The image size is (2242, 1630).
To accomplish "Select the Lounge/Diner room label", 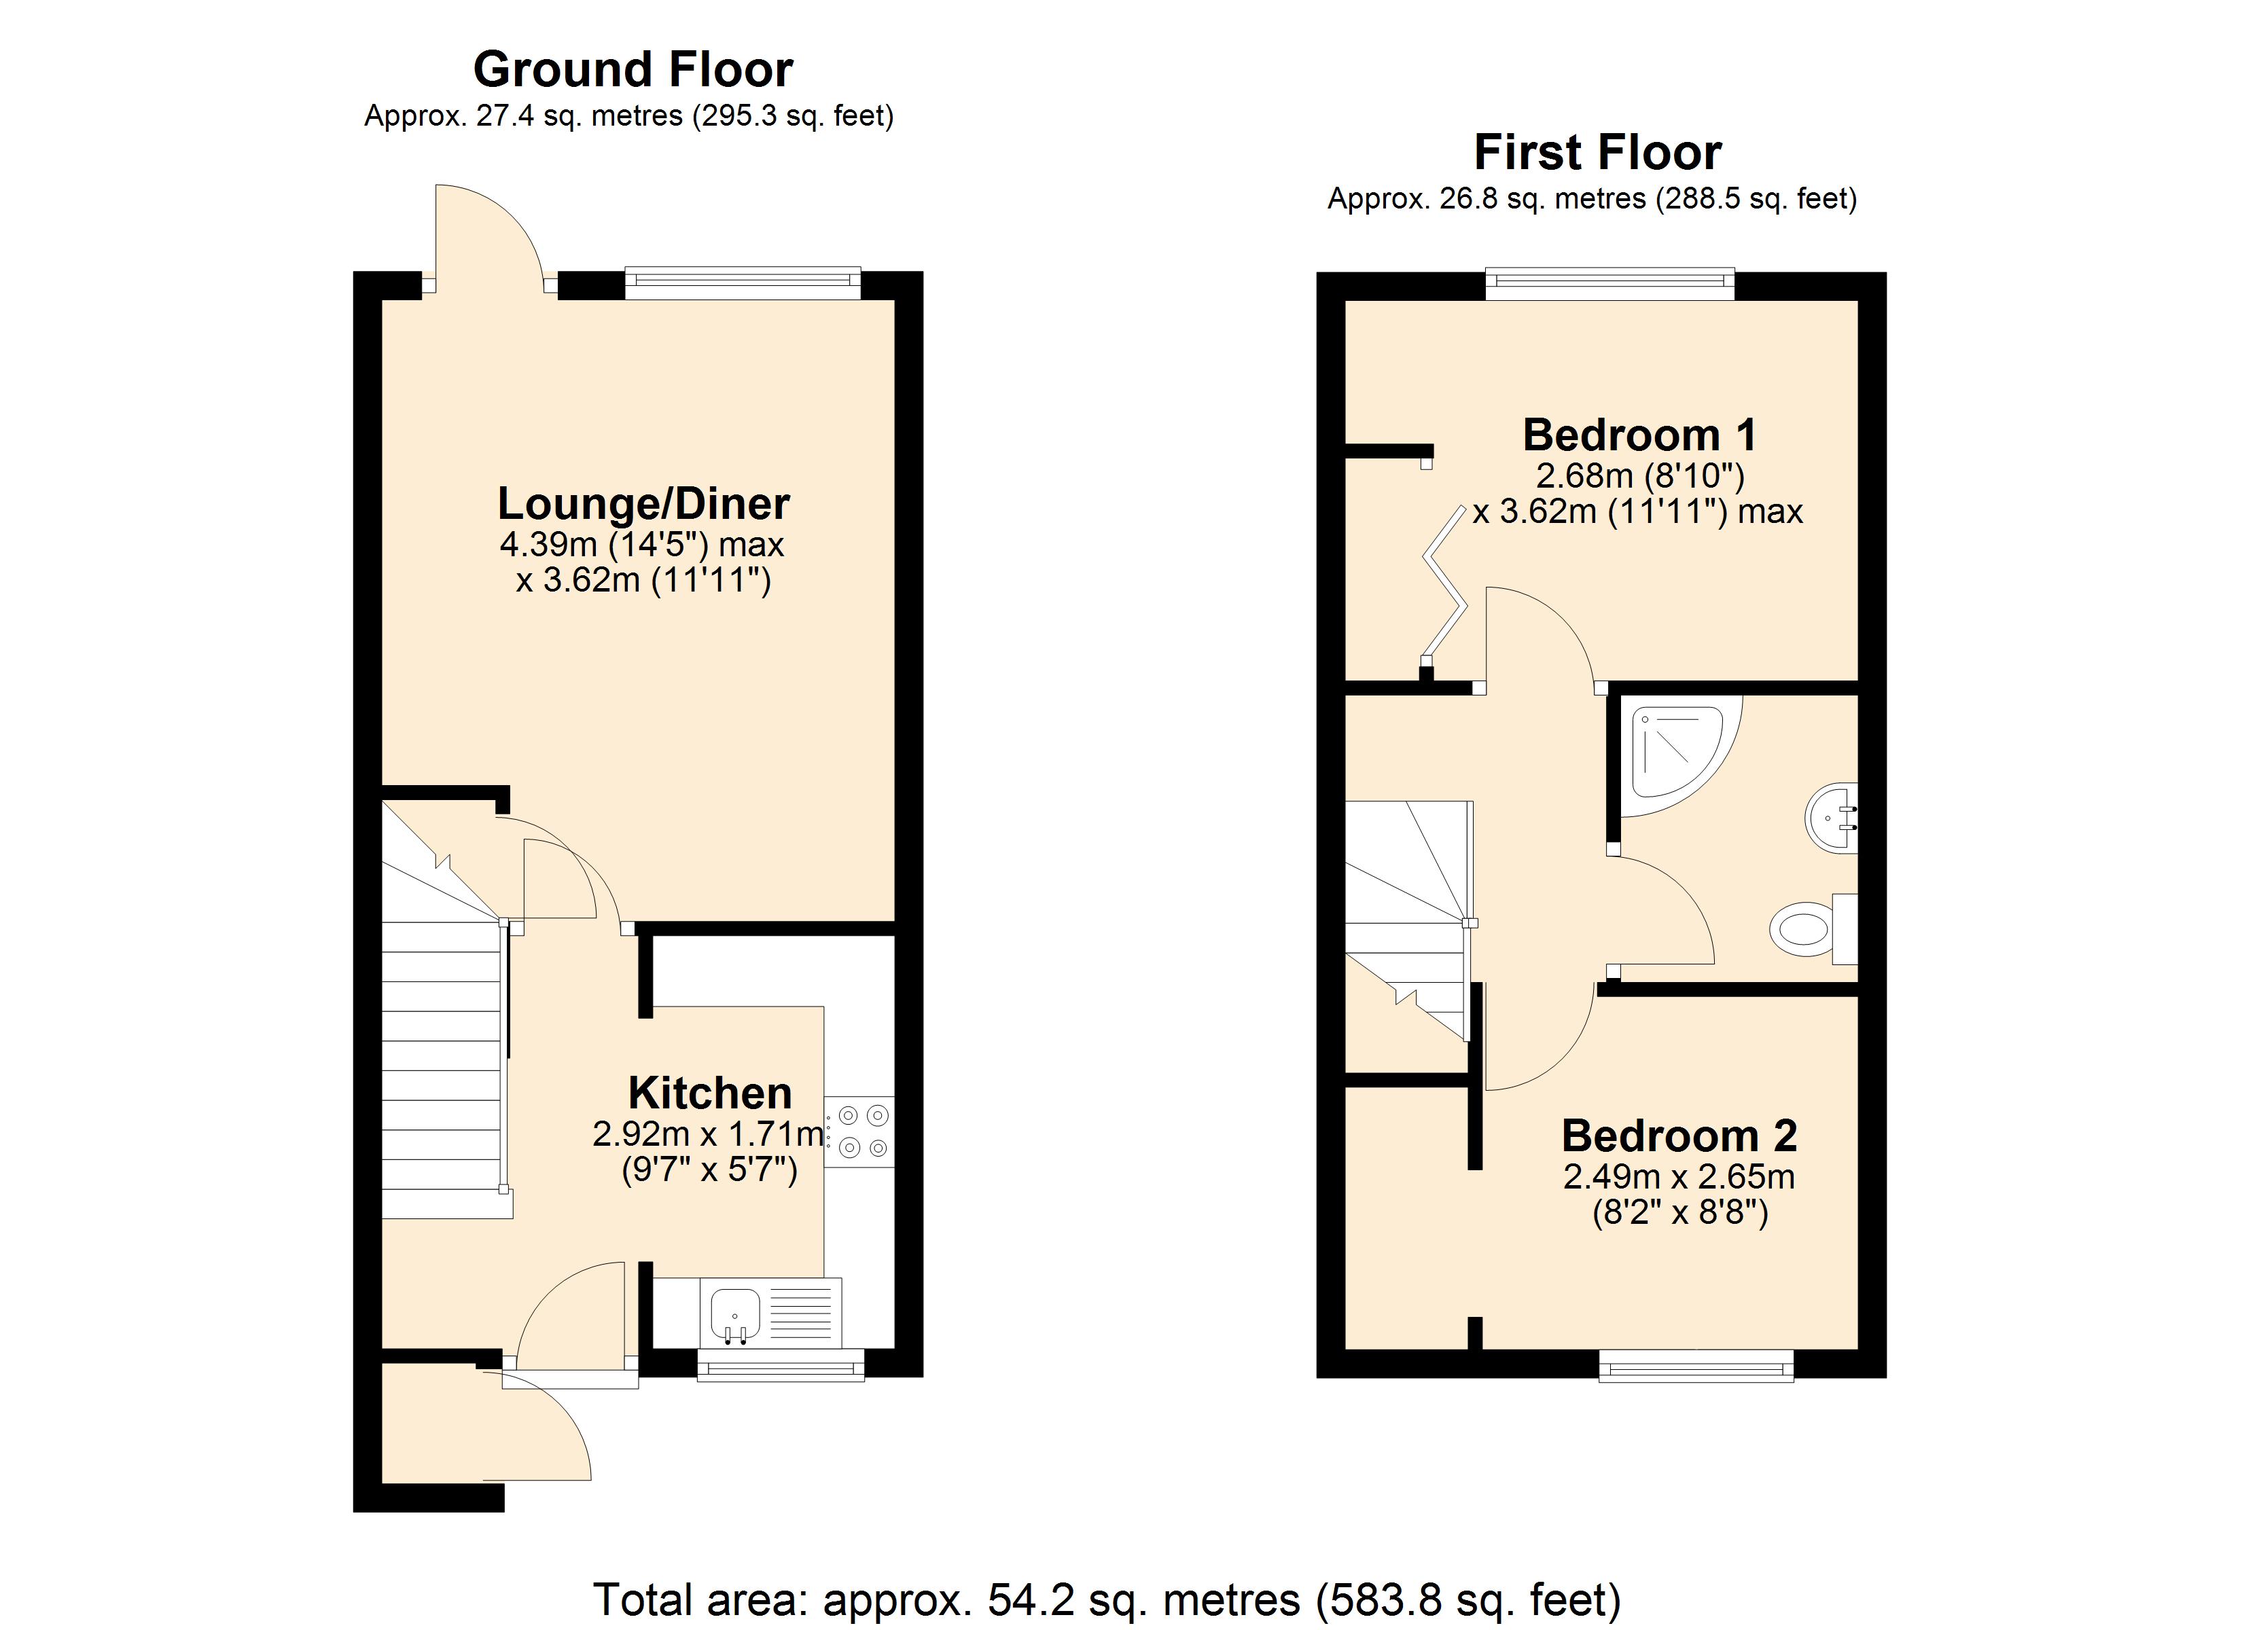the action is pyautogui.click(x=643, y=503).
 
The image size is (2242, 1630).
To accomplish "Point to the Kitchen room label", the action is pyautogui.click(x=710, y=1093).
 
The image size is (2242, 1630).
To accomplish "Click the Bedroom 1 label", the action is pyautogui.click(x=1639, y=435).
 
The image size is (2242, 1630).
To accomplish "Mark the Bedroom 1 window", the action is pyautogui.click(x=1610, y=284).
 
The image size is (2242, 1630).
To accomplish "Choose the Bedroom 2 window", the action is pyautogui.click(x=1696, y=1367).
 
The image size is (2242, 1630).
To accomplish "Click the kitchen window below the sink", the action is pyautogui.click(x=781, y=1365).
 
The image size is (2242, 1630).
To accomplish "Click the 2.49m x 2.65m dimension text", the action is pyautogui.click(x=1679, y=1177).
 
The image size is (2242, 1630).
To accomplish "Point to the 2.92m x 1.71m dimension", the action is pyautogui.click(x=709, y=1134).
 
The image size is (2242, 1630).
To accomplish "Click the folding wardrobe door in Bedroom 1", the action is pyautogui.click(x=1444, y=583).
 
